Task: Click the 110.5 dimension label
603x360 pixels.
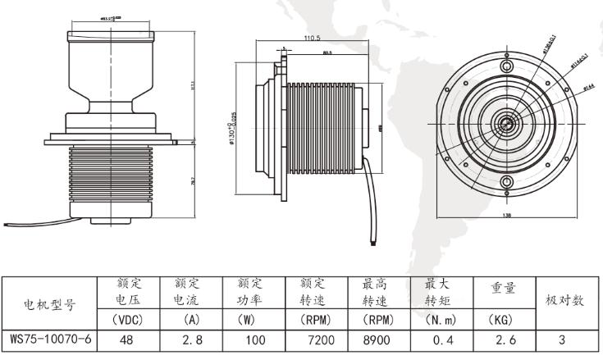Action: coord(312,39)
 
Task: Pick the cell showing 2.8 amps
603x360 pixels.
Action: coord(189,339)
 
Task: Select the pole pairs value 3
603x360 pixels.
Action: coord(563,339)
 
